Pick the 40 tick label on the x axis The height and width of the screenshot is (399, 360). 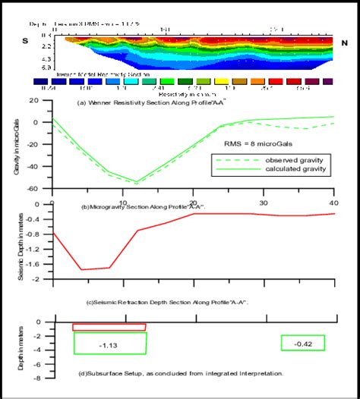[x=334, y=203]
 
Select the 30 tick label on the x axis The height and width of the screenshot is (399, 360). [x=264, y=203]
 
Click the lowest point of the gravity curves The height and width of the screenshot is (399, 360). [x=136, y=182]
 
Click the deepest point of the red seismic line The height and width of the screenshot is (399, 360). [x=81, y=269]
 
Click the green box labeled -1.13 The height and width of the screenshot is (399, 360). [x=110, y=344]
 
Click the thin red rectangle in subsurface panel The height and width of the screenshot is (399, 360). [x=109, y=327]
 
